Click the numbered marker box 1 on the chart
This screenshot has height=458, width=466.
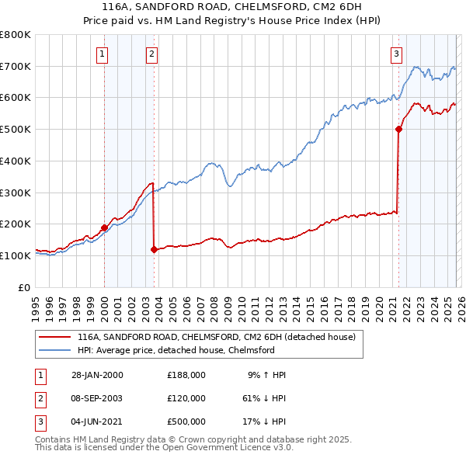pos(103,54)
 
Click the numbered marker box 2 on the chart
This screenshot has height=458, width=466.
pos(151,54)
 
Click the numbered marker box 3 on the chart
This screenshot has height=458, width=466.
pos(396,54)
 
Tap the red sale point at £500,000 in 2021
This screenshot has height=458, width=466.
pos(398,130)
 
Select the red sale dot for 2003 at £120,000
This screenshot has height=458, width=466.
pos(154,249)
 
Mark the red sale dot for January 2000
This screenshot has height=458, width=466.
pos(104,227)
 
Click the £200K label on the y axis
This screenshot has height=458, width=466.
pos(15,224)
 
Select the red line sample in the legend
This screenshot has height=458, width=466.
pos(55,337)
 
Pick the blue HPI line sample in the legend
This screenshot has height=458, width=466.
pos(55,351)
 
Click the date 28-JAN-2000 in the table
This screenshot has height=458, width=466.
pos(96,374)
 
